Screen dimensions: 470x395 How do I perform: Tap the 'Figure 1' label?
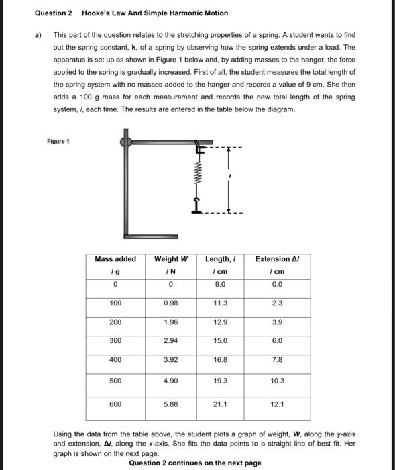58,142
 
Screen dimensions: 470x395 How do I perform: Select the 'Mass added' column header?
115,259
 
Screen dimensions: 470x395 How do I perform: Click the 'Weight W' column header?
171,259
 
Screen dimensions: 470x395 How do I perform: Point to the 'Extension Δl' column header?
277,259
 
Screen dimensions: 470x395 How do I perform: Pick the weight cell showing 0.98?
171,303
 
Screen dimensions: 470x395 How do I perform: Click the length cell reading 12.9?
221,322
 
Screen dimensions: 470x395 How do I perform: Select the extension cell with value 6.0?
277,341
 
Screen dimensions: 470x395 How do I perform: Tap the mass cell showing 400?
115,360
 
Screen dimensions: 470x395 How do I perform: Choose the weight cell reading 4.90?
171,381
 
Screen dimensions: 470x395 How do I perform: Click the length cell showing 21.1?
221,404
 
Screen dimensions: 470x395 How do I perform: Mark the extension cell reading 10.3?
277,381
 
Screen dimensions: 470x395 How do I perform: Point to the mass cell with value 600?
115,404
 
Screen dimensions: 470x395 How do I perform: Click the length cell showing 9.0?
221,284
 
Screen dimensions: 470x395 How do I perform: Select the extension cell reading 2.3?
277,303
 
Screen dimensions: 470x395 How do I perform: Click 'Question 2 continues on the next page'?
194,463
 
